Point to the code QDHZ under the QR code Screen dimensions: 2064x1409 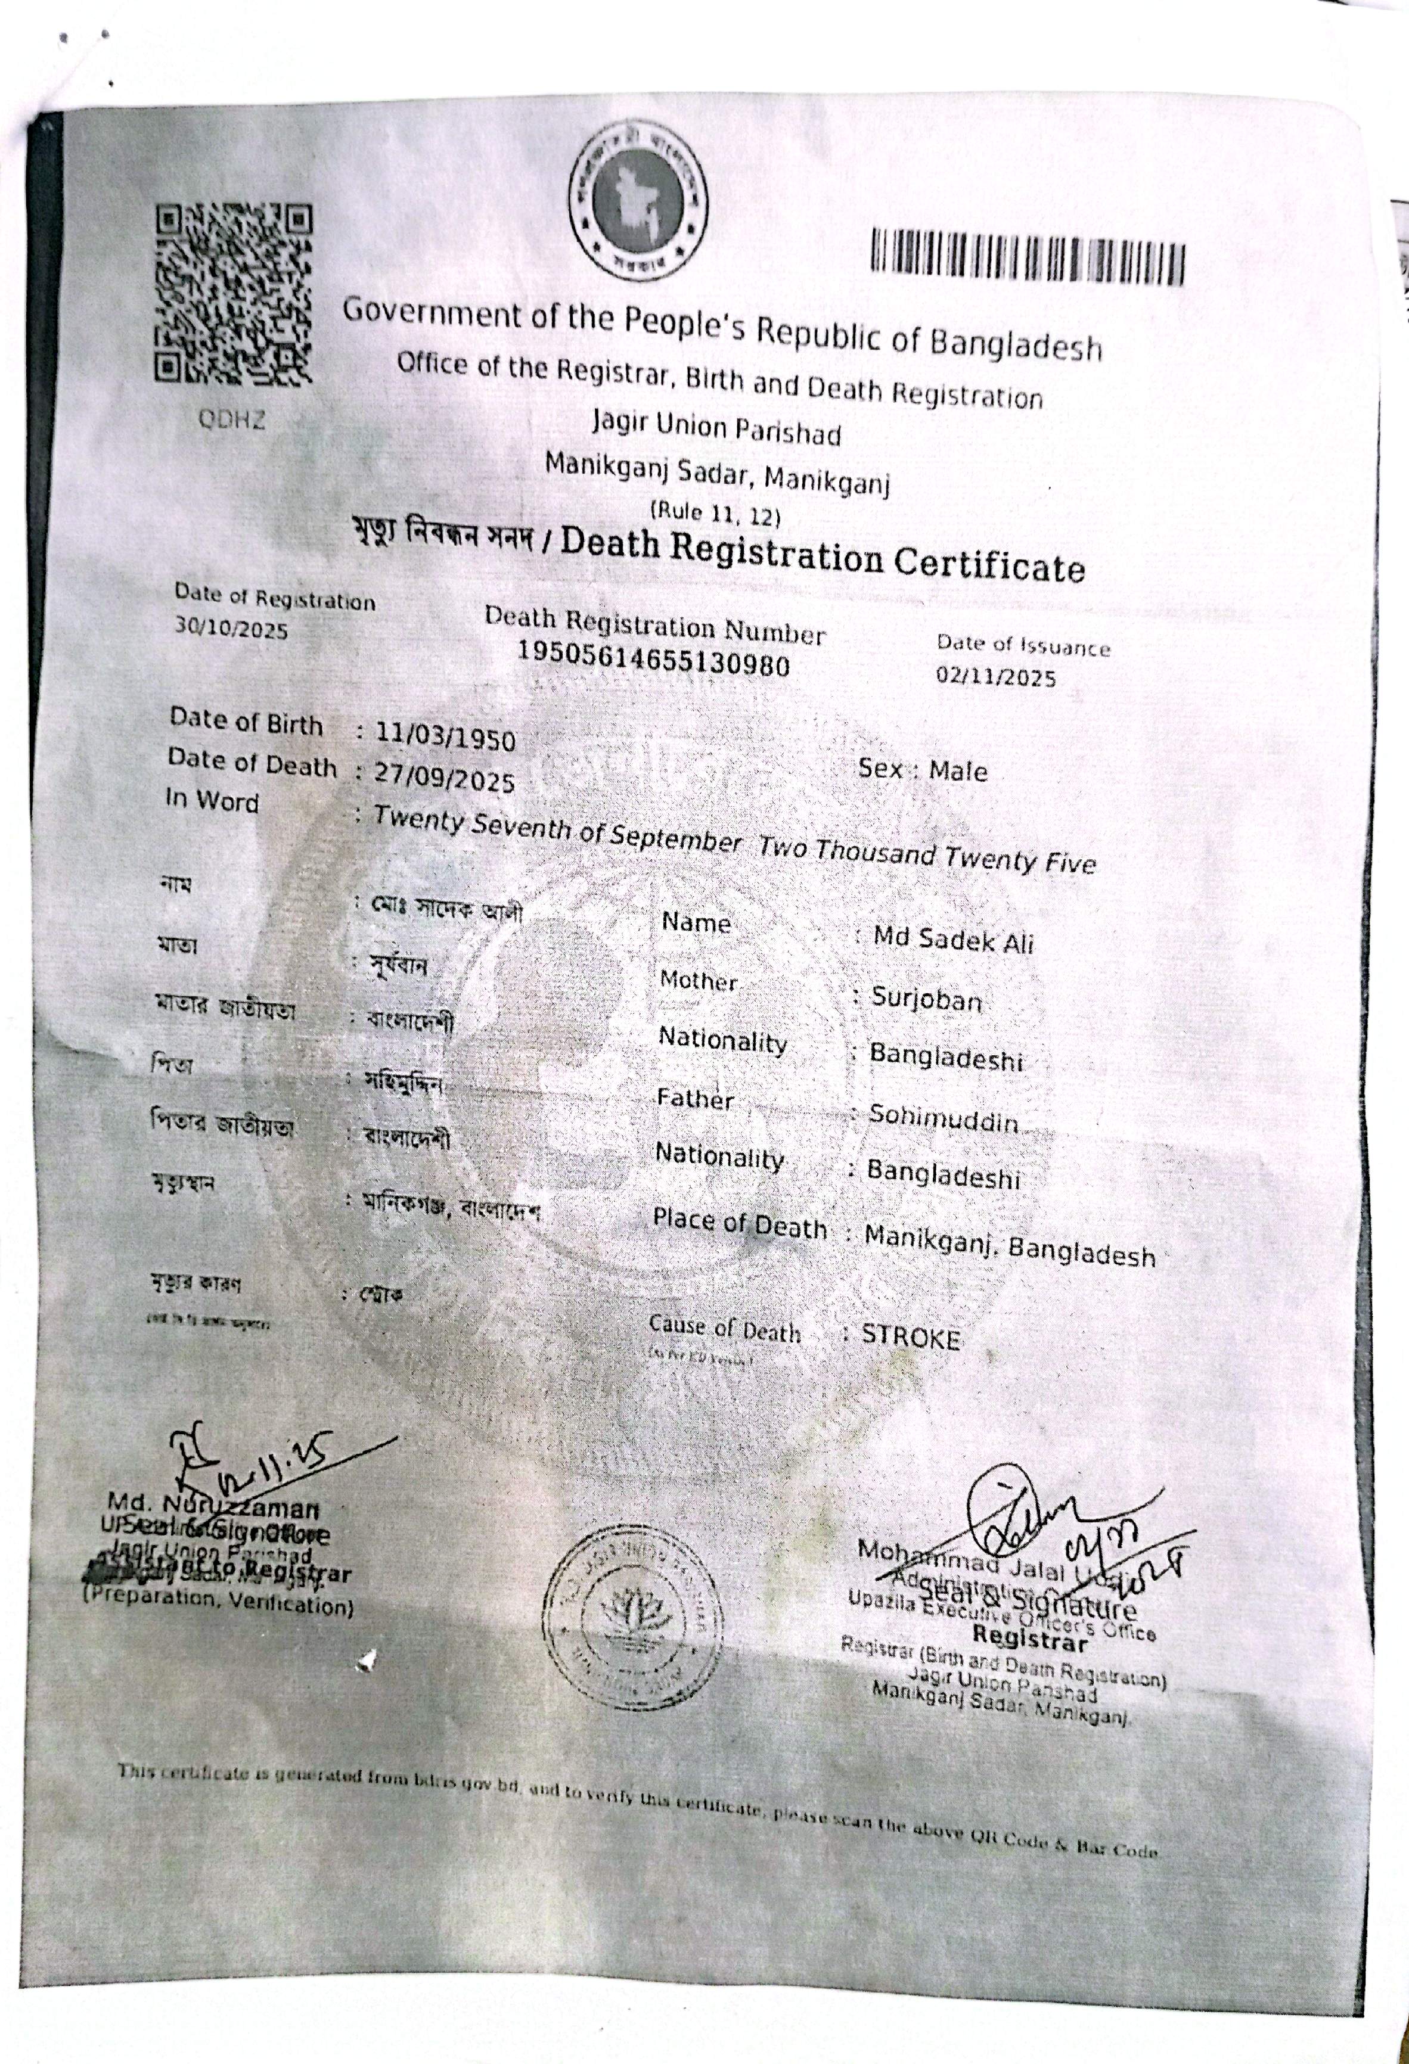click(232, 420)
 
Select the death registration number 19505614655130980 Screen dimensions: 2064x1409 click(653, 660)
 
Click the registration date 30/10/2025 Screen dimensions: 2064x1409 click(231, 630)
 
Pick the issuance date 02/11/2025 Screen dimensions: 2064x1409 click(996, 677)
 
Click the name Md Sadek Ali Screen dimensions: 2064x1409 click(953, 938)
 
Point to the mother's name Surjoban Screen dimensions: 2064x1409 click(926, 999)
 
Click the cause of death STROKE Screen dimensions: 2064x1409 click(911, 1338)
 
